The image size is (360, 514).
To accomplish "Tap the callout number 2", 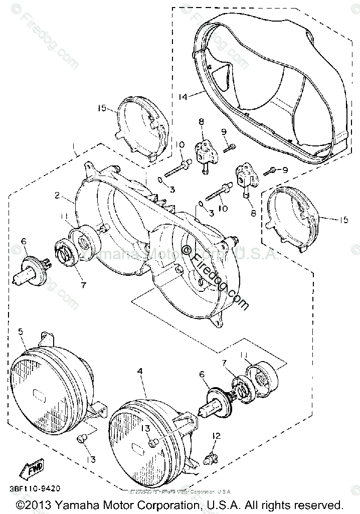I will [58, 195].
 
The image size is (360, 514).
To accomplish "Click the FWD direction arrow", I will [31, 470].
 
